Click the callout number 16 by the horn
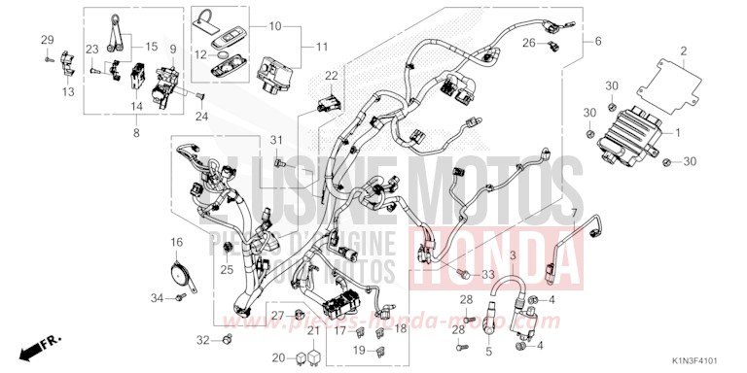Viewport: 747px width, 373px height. tap(178, 242)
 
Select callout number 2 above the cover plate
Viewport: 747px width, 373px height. tap(683, 51)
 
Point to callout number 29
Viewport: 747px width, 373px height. tap(46, 38)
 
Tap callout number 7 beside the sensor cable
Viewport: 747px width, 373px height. tap(573, 213)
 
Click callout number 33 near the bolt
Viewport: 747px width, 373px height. tap(487, 249)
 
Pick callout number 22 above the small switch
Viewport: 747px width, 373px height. tap(331, 75)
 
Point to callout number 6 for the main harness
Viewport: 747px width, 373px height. tap(597, 41)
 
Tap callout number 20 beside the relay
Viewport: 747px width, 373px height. tap(277, 356)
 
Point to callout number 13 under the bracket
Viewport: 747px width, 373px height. tap(68, 91)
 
